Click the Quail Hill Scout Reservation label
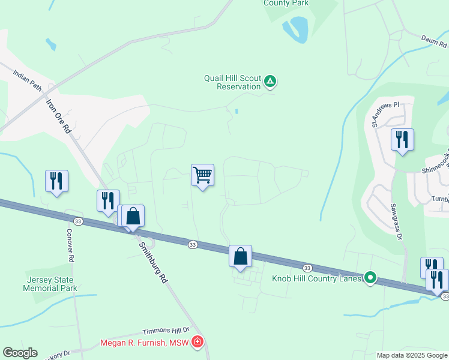click(x=232, y=82)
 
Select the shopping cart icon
click(x=203, y=176)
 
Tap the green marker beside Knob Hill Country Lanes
click(x=371, y=277)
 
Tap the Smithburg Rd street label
click(x=152, y=262)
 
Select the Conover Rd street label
click(x=70, y=245)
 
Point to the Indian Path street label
click(x=28, y=80)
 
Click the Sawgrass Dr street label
click(x=396, y=221)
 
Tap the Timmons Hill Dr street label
click(x=166, y=331)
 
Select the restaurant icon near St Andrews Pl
click(x=402, y=140)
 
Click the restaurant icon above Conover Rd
click(x=57, y=181)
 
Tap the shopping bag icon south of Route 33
click(x=240, y=256)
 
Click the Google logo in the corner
click(x=20, y=353)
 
